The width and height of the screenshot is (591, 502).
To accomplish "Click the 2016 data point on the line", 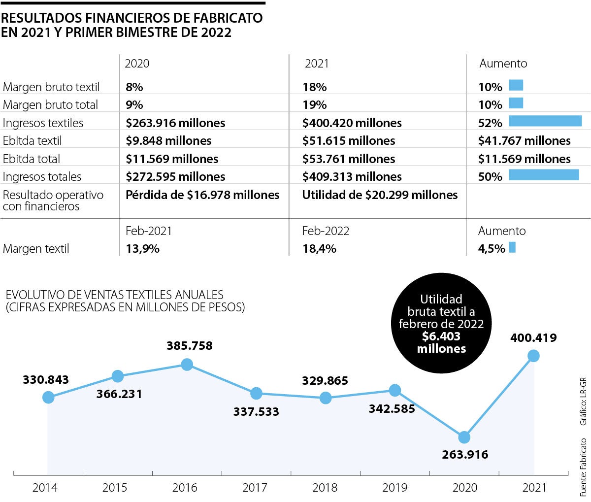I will [x=187, y=364].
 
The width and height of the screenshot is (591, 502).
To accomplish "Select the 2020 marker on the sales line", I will [x=464, y=437].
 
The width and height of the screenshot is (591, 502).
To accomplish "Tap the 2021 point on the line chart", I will [x=533, y=355].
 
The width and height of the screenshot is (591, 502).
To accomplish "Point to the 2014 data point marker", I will [x=48, y=397].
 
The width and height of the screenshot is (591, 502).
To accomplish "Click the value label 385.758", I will [x=190, y=346].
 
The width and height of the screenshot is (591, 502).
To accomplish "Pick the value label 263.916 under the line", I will [x=465, y=454].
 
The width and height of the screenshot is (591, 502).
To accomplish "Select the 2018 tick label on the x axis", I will [x=325, y=488].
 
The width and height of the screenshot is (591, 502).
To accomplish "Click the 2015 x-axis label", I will [x=115, y=488].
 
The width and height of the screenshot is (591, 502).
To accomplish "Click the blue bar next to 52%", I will [x=545, y=121].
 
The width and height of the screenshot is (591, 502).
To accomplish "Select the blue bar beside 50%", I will [x=544, y=175].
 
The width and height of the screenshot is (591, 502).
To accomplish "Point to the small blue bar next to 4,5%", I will [x=512, y=247].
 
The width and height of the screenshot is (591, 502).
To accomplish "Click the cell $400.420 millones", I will [x=352, y=123].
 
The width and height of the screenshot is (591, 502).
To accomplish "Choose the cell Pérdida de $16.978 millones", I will [x=202, y=195].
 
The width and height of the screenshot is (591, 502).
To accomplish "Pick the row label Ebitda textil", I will [x=33, y=141].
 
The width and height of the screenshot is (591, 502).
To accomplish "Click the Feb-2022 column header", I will [x=326, y=231].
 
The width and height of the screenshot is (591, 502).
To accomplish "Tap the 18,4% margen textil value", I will [x=319, y=249].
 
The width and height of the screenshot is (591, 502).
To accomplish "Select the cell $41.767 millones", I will [x=524, y=141].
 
